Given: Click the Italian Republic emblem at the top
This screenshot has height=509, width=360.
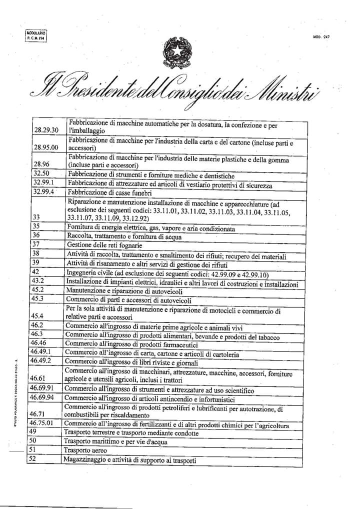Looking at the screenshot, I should [x=177, y=52].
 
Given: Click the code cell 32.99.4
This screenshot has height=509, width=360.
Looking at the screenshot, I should [x=45, y=191].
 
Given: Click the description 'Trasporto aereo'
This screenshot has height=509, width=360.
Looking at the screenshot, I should [x=86, y=450].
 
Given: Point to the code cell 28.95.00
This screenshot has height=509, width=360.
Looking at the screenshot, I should [x=46, y=147].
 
